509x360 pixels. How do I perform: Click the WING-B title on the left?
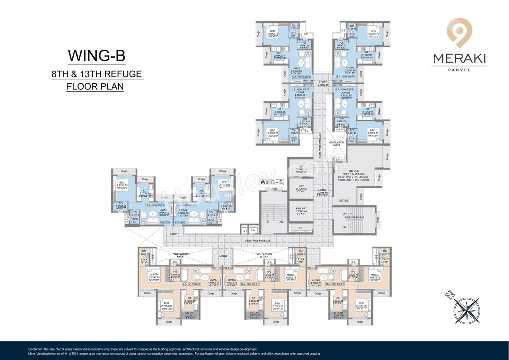(97, 56)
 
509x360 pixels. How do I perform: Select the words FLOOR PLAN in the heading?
(95, 86)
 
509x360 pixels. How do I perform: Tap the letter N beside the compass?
(449, 295)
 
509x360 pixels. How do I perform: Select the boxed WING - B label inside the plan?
(271, 182)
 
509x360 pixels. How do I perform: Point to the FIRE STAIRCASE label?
(354, 217)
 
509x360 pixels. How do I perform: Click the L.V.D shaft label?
(244, 231)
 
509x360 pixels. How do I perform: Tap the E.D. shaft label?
(253, 231)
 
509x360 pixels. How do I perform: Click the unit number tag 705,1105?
(344, 201)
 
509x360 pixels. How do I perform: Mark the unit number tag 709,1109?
(165, 223)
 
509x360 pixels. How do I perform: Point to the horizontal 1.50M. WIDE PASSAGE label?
(258, 241)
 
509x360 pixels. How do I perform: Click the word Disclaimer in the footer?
(37, 348)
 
